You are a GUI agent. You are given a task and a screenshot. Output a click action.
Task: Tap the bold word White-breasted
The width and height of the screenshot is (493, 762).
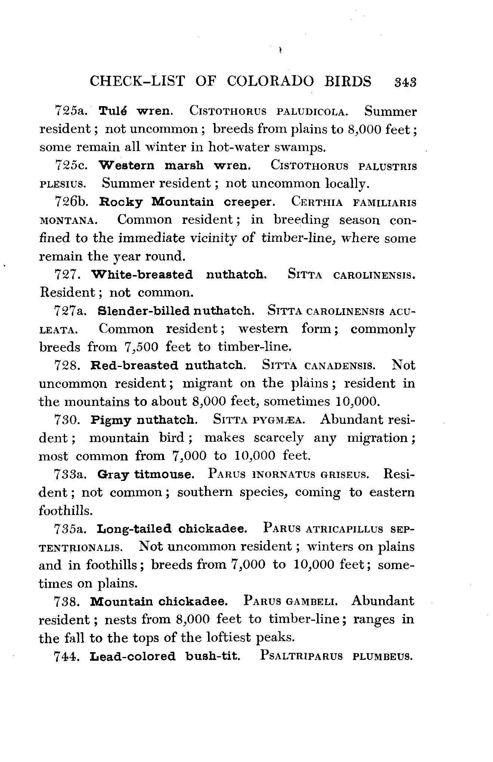pos(142,275)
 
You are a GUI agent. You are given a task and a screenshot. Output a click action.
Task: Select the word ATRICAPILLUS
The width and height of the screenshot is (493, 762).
pos(344,529)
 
